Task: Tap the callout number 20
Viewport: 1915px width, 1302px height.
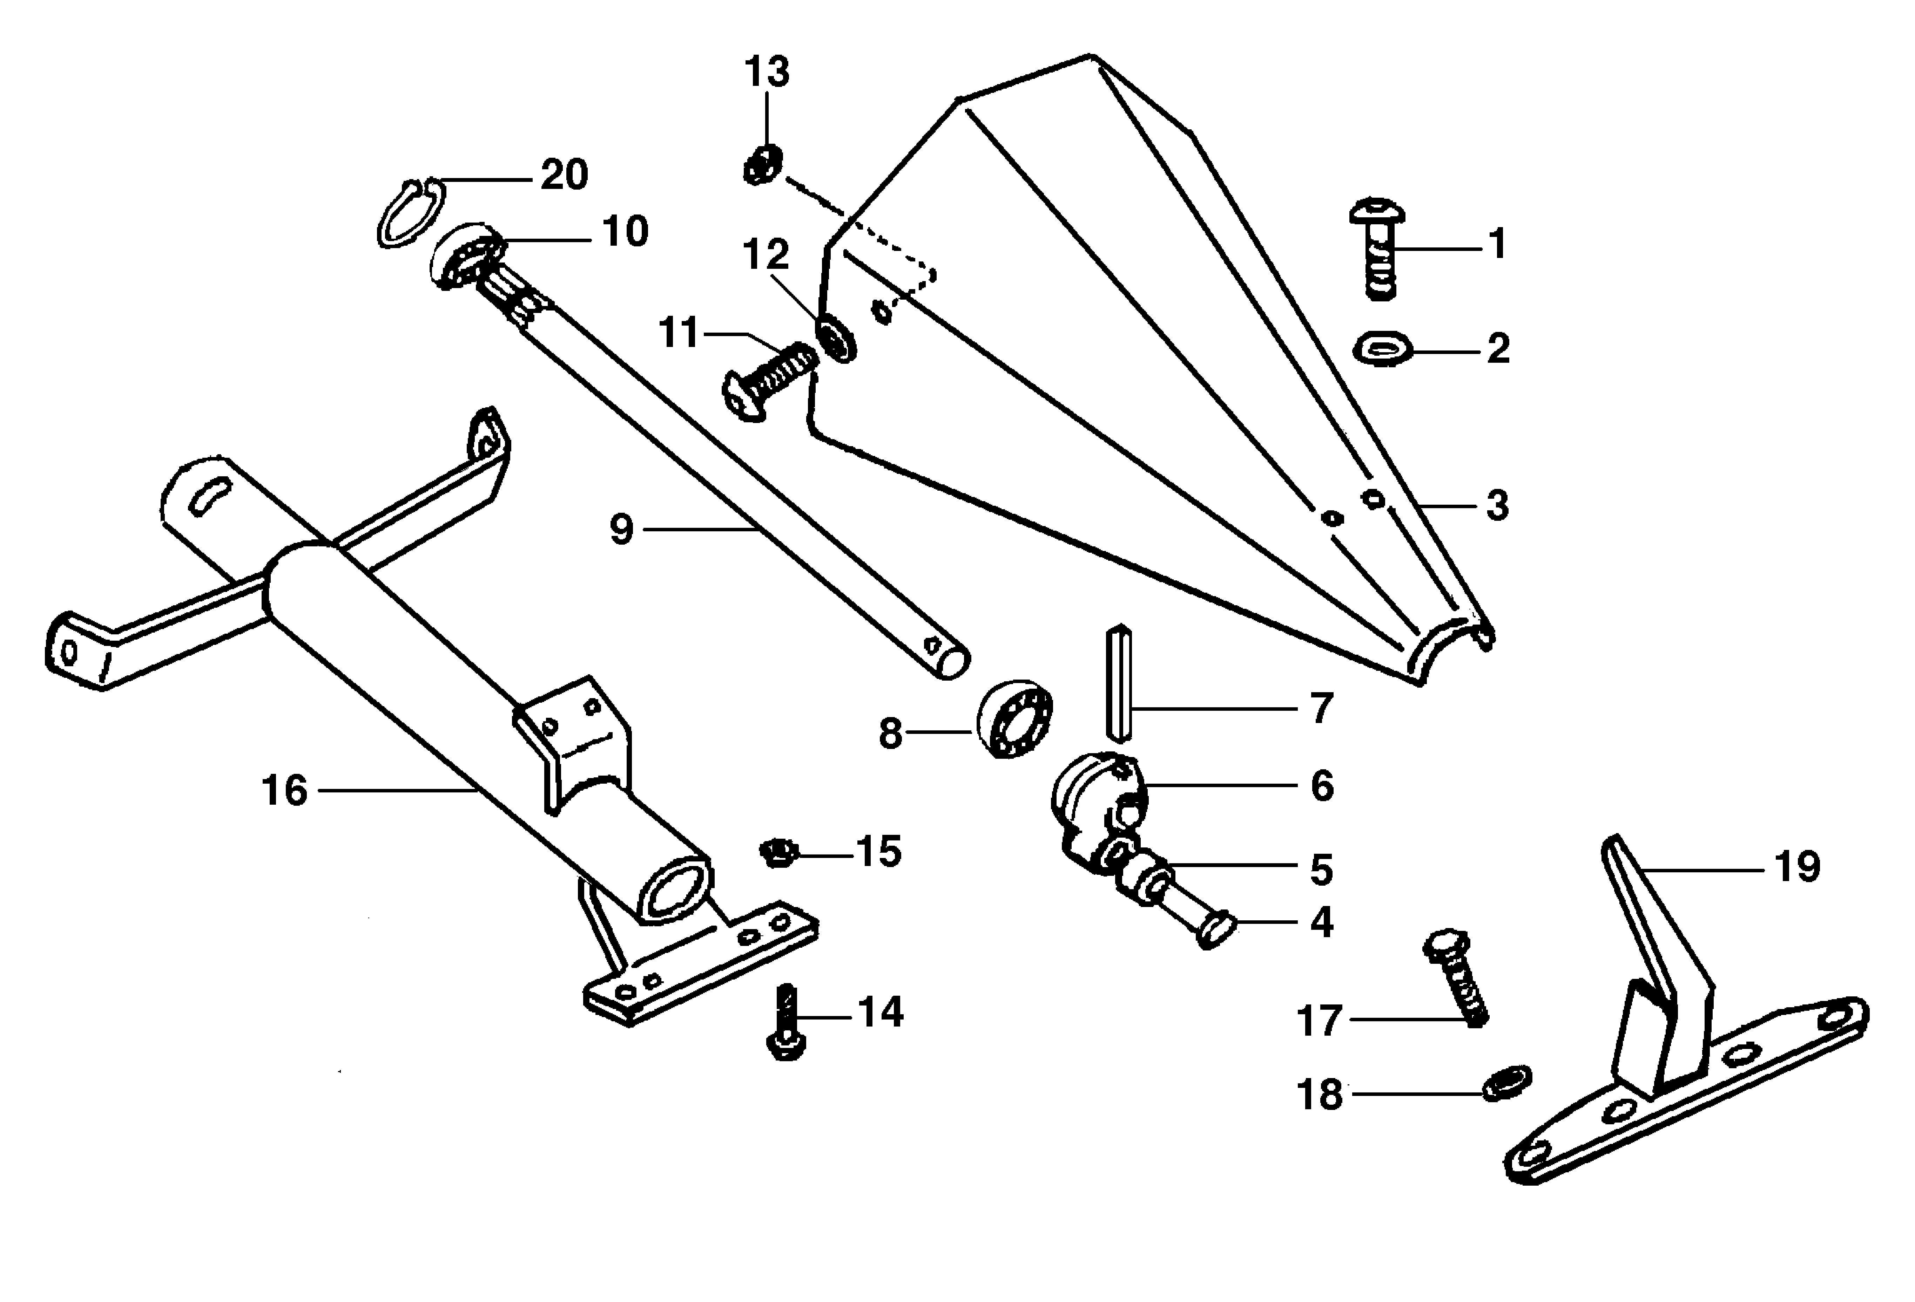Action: [x=565, y=175]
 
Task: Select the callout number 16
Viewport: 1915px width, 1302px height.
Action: [x=284, y=791]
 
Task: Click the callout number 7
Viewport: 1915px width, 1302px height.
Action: [x=1322, y=708]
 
